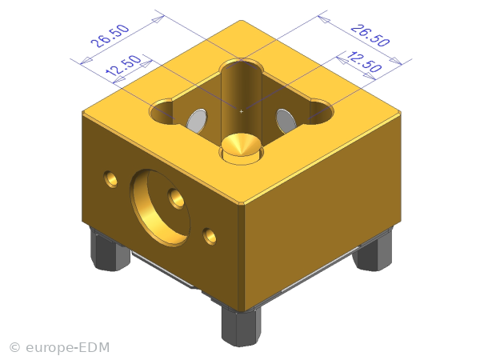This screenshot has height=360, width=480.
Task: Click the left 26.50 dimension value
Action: [110, 35]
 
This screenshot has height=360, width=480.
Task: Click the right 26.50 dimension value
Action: [370, 35]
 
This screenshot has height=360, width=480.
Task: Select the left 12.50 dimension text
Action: [123, 66]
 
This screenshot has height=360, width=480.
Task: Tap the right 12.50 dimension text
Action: [364, 62]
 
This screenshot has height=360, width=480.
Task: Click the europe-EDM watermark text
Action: [68, 348]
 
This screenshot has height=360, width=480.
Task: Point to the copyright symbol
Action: [14, 348]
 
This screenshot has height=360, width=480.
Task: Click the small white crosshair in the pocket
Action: [242, 111]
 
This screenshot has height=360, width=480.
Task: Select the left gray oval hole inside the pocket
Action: [197, 120]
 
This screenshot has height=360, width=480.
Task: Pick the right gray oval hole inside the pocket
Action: [286, 120]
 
